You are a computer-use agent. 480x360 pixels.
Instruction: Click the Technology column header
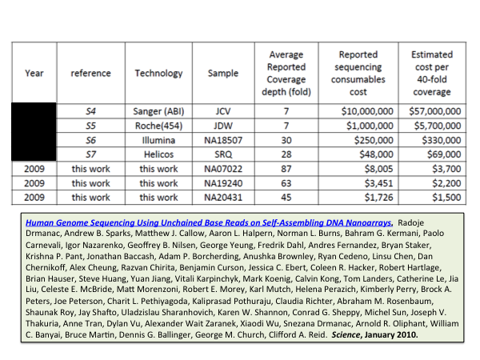(158, 74)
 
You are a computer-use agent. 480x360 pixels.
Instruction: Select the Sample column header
(223, 74)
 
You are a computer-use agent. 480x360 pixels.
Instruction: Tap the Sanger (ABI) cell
(158, 112)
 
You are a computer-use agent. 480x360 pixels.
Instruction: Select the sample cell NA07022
(223, 170)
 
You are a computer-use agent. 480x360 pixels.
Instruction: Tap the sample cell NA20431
(223, 196)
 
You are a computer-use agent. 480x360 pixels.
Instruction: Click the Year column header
(34, 74)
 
